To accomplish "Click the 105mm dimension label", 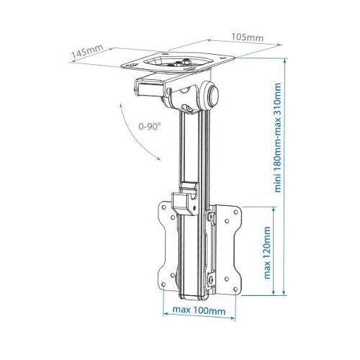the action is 247,37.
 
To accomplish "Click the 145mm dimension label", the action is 88,52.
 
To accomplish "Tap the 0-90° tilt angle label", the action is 150,126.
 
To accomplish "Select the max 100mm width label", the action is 199,310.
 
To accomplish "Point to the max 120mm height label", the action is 267,253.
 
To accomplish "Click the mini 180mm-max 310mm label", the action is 277,138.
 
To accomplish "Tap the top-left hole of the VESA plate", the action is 164,207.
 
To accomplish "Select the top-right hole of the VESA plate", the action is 235,212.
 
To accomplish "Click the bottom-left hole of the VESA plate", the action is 163,284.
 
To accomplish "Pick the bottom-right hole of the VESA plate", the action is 235,289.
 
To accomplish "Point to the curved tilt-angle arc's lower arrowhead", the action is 158,158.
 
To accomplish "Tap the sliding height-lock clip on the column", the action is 185,199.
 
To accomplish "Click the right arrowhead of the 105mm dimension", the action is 279,45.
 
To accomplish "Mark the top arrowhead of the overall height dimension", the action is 284,60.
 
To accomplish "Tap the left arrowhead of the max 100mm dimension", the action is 166,314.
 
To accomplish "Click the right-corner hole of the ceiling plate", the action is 225,58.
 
